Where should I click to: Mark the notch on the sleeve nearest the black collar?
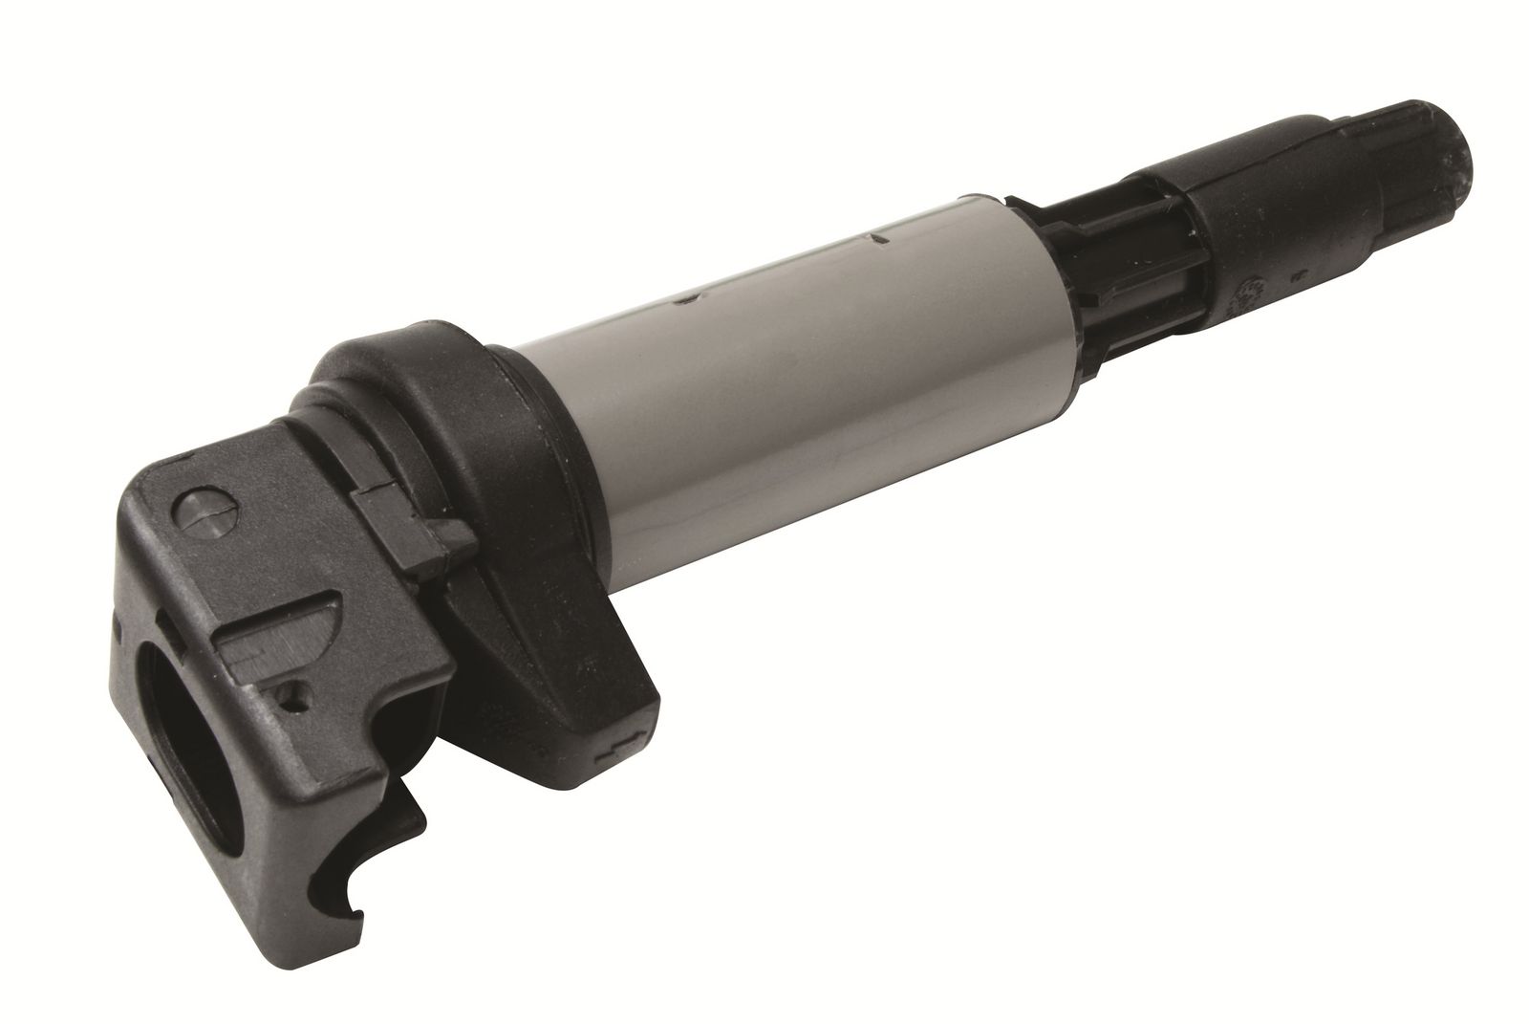[x=684, y=302]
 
